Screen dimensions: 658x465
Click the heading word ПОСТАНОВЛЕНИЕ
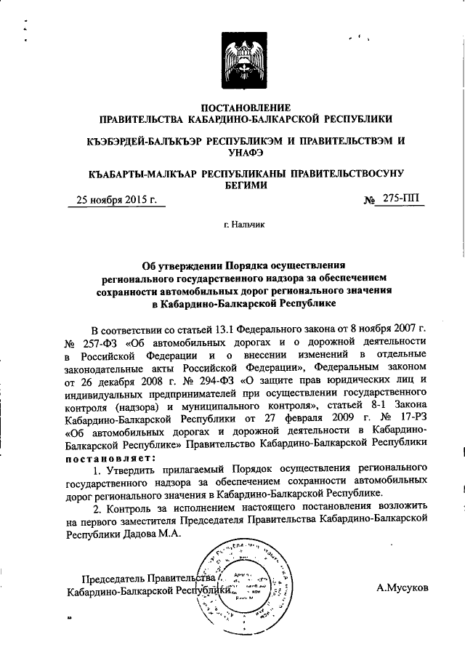[x=245, y=108]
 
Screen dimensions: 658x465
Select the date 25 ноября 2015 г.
[x=116, y=200]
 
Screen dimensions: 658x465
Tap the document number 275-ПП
[x=398, y=198]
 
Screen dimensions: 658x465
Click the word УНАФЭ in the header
[x=245, y=151]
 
